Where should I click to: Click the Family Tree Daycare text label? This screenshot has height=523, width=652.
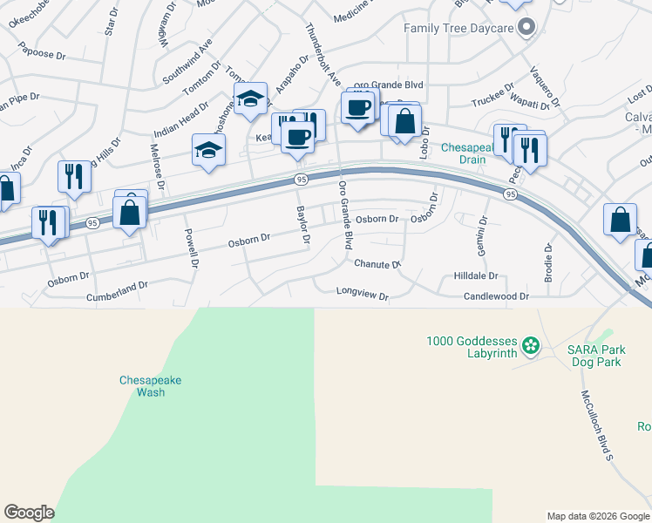point(458,28)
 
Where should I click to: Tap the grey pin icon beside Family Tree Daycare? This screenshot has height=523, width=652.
point(526,28)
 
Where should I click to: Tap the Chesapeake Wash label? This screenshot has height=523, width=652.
point(150,385)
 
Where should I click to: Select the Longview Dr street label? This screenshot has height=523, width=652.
point(363,295)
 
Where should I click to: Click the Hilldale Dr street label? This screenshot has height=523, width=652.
point(476,275)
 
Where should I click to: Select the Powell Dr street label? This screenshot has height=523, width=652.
point(192,247)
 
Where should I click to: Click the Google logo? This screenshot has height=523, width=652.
point(29,513)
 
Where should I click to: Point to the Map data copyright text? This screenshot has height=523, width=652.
point(597,516)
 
